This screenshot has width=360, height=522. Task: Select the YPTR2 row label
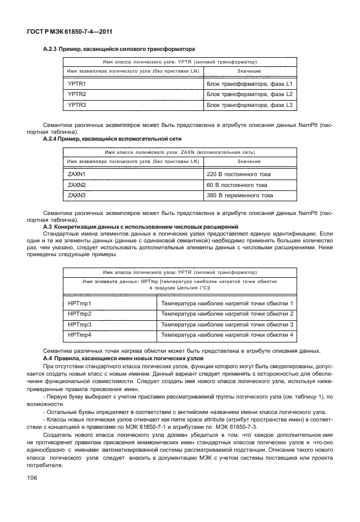click(x=77, y=94)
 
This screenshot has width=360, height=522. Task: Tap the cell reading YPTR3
click(x=77, y=105)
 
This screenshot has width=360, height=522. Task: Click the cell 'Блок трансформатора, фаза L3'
click(x=249, y=105)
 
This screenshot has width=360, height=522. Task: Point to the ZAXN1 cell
click(x=77, y=174)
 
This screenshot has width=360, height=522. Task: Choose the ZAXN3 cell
click(x=77, y=195)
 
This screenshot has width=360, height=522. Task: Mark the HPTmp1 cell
click(x=80, y=303)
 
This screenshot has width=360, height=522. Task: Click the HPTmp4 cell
click(x=80, y=334)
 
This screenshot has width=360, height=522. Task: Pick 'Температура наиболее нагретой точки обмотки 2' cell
click(x=227, y=314)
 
